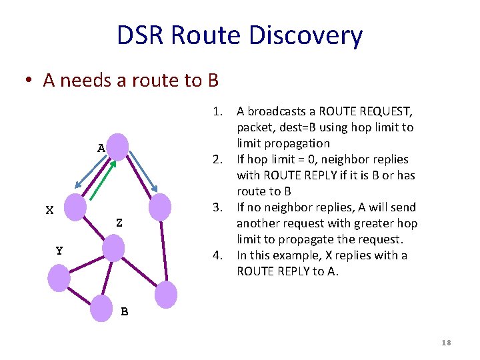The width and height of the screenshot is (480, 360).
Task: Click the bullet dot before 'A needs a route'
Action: pyautogui.click(x=29, y=81)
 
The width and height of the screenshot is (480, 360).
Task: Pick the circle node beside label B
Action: pyautogui.click(x=102, y=309)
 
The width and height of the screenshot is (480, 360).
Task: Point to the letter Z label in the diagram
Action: pyautogui.click(x=119, y=223)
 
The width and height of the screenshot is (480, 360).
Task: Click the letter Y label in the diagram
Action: pyautogui.click(x=59, y=251)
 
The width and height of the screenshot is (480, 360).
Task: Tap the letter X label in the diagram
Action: pyautogui.click(x=49, y=211)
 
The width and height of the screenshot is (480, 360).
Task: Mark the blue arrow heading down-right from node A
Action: pyautogui.click(x=143, y=172)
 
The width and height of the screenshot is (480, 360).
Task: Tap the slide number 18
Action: pyautogui.click(x=446, y=343)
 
